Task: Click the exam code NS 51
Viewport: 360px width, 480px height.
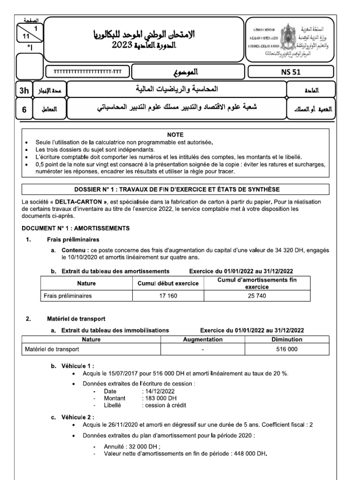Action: click(290, 72)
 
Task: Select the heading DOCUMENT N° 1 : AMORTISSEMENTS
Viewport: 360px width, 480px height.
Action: click(76, 228)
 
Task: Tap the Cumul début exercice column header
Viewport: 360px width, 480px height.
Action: click(168, 284)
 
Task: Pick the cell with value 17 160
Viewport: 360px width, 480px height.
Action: click(168, 296)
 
